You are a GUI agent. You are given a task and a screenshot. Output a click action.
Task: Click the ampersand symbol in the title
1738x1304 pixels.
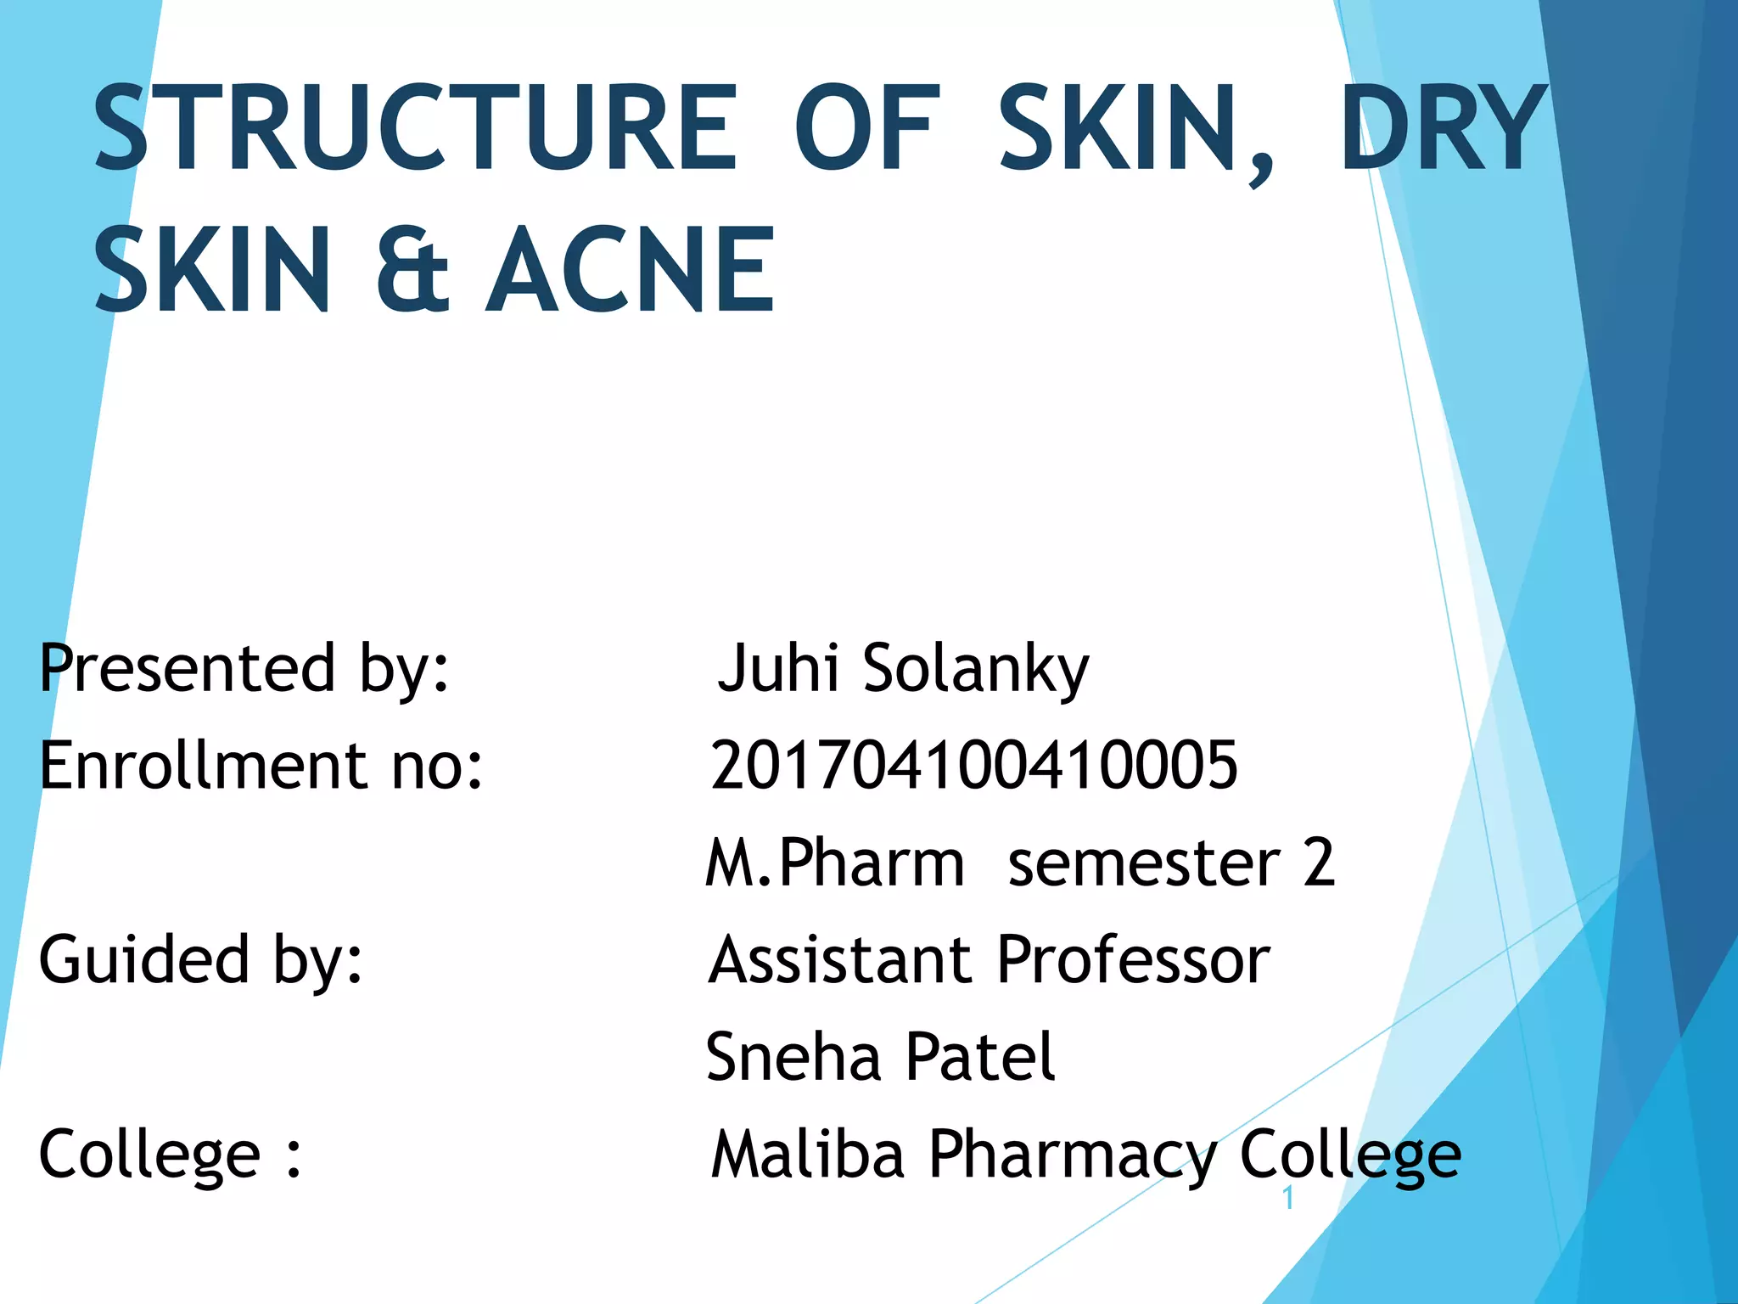click(x=412, y=270)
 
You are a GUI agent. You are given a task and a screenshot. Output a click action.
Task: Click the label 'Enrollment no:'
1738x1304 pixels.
click(x=261, y=766)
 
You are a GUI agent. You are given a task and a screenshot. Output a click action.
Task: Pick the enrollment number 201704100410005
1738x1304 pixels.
click(x=974, y=766)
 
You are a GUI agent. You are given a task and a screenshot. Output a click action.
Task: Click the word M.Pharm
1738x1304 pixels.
click(x=835, y=863)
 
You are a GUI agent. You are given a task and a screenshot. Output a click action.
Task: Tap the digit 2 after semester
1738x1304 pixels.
click(x=1319, y=863)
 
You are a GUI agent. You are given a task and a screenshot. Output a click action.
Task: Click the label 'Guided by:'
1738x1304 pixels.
click(x=201, y=962)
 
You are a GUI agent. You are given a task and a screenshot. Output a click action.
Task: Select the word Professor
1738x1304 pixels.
click(x=1134, y=962)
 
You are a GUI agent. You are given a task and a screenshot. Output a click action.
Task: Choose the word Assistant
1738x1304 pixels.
click(x=840, y=962)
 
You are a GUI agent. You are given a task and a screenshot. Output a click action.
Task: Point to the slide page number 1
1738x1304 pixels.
click(x=1288, y=1199)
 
